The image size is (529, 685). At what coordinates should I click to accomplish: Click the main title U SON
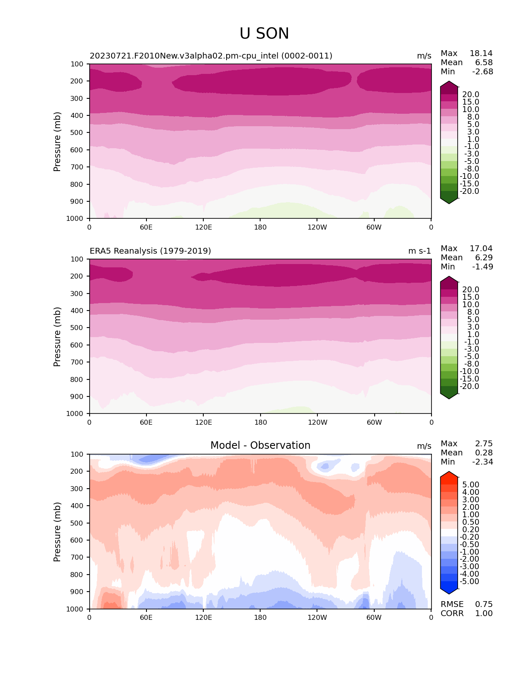click(x=264, y=34)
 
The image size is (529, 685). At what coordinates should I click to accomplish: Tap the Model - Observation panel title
click(x=260, y=445)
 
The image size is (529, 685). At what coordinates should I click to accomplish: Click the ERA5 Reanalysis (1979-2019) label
click(x=150, y=251)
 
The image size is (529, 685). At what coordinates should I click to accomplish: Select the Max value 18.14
click(x=481, y=54)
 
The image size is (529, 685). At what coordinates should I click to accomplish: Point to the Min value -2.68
click(x=483, y=72)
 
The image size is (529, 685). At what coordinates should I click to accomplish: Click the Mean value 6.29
click(x=484, y=258)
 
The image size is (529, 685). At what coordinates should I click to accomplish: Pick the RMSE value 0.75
click(x=484, y=604)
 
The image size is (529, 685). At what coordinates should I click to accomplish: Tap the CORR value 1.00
click(x=484, y=614)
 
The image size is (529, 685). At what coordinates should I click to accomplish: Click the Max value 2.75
click(x=484, y=444)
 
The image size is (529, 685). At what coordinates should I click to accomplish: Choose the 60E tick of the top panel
click(x=146, y=227)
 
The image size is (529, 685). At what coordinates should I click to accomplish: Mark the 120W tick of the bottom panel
click(x=317, y=617)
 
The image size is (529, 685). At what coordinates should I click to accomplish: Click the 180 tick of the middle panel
click(x=261, y=422)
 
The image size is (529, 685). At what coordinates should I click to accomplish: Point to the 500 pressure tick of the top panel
click(x=78, y=133)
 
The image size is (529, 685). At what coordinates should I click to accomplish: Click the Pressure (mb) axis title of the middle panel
click(x=57, y=337)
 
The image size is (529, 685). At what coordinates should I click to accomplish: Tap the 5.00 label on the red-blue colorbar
click(x=471, y=485)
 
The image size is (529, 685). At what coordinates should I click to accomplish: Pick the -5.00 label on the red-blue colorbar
click(x=470, y=582)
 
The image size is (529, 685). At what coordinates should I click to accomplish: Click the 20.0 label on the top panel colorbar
click(x=471, y=95)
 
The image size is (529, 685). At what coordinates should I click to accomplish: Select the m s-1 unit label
click(x=419, y=251)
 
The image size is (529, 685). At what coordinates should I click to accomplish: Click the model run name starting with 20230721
click(x=211, y=56)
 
